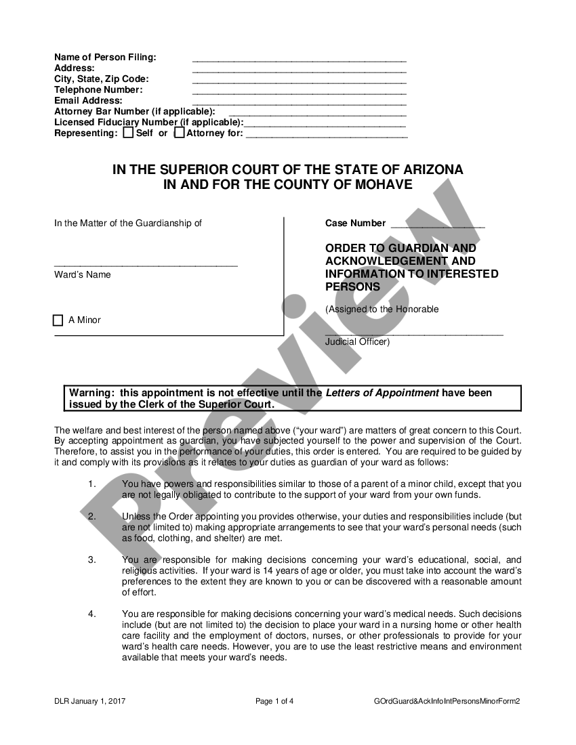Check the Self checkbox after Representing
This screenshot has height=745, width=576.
pyautogui.click(x=128, y=133)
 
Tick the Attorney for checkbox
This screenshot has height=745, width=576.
pyautogui.click(x=179, y=133)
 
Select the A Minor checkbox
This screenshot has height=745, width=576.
pyautogui.click(x=58, y=320)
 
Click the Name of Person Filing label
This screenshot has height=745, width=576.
pyautogui.click(x=105, y=58)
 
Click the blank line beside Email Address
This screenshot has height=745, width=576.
pyautogui.click(x=299, y=101)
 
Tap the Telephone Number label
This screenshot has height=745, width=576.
pyautogui.click(x=98, y=90)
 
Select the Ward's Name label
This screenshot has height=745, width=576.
pyautogui.click(x=83, y=275)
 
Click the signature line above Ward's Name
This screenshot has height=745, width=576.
pyautogui.click(x=146, y=265)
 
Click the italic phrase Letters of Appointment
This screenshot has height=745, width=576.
pyautogui.click(x=382, y=393)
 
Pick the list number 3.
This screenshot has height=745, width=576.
pyautogui.click(x=92, y=560)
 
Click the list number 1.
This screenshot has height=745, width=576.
pyautogui.click(x=92, y=484)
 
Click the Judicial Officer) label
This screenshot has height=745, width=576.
pyautogui.click(x=357, y=342)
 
